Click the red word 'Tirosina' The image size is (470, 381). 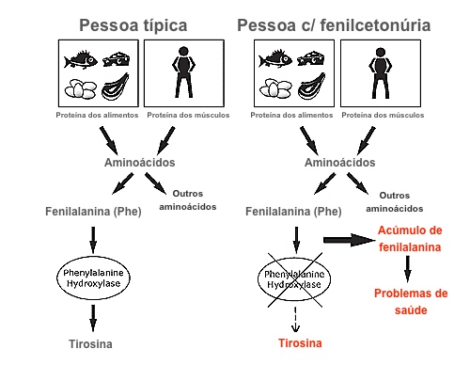[x=298, y=343]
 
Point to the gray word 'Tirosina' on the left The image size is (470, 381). [x=92, y=343]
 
